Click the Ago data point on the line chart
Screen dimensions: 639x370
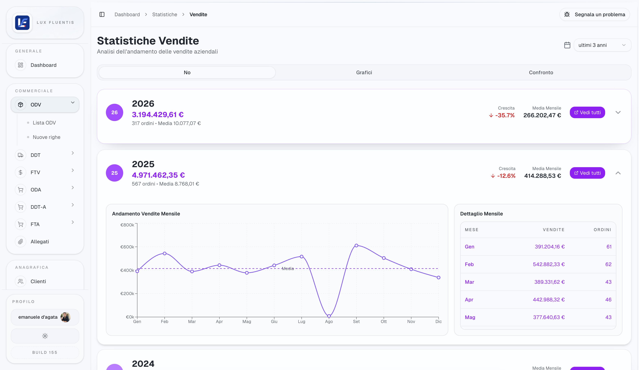(x=329, y=316)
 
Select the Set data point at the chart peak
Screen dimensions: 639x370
(x=356, y=246)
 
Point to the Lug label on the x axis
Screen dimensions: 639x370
(x=301, y=321)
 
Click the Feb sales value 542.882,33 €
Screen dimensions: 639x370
(x=549, y=264)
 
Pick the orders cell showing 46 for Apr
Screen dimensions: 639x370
(x=608, y=300)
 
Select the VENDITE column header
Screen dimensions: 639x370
(x=554, y=230)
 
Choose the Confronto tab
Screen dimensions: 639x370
(x=541, y=73)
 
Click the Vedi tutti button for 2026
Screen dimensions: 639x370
(x=587, y=112)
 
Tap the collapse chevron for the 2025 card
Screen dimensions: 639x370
(x=618, y=173)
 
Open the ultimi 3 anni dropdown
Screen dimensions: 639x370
(x=602, y=45)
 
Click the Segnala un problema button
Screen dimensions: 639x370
(x=595, y=14)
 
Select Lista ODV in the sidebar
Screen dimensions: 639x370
(x=44, y=123)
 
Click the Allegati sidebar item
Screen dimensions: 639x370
(x=40, y=242)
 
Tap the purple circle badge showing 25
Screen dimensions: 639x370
(x=114, y=173)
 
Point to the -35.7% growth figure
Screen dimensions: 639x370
(x=505, y=115)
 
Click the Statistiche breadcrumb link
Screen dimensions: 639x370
(x=165, y=14)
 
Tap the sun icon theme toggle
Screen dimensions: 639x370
(x=45, y=336)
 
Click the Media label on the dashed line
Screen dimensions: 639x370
(x=288, y=269)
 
